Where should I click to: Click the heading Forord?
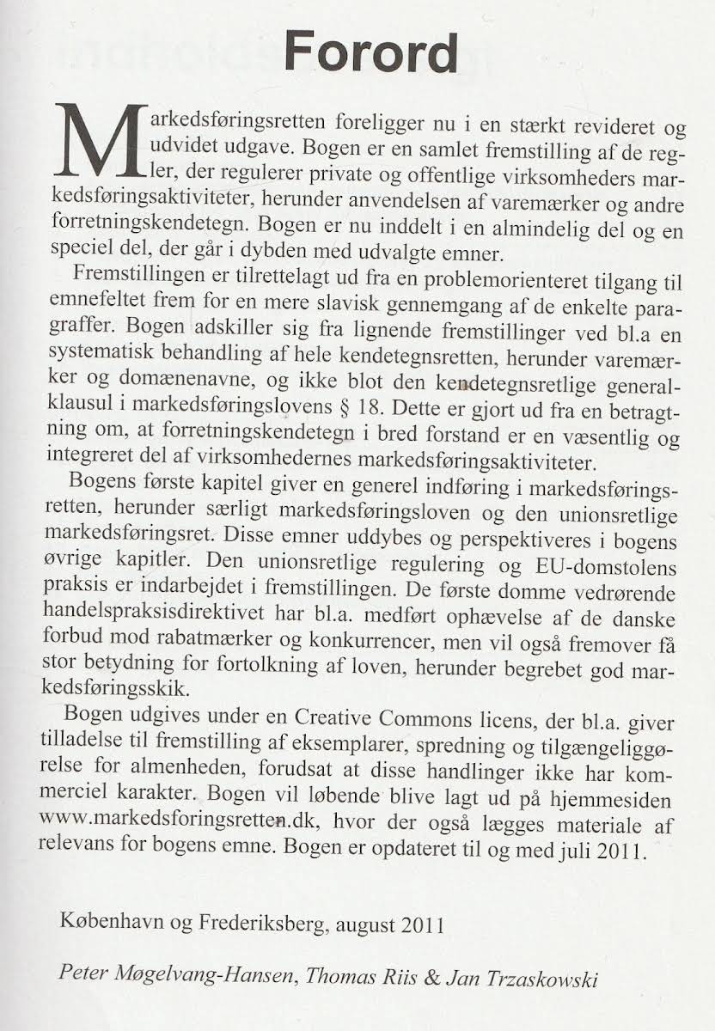pos(370,53)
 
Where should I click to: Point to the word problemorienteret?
pos(442,279)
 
